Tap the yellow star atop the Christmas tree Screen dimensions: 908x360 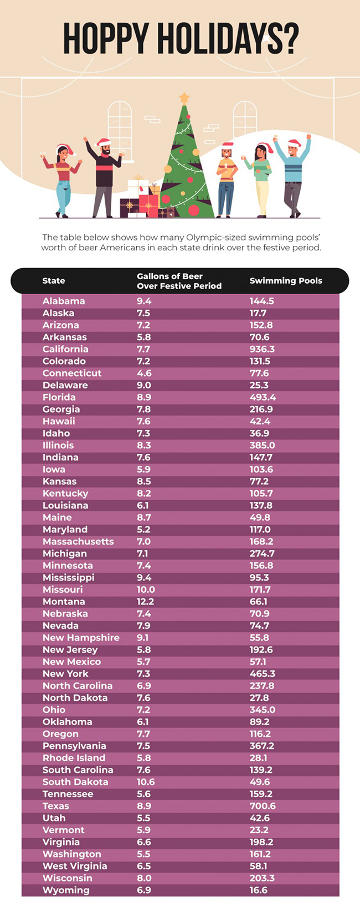(184, 99)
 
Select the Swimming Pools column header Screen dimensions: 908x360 (286, 281)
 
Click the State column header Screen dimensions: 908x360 (54, 281)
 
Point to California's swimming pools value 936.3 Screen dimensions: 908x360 (262, 349)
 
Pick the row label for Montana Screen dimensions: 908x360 (64, 602)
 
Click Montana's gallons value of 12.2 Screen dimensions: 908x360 (145, 602)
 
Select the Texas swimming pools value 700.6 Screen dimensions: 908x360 (263, 806)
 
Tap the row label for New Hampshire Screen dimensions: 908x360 (81, 638)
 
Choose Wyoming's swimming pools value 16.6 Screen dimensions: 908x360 (258, 890)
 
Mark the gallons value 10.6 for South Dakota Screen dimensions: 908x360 (146, 782)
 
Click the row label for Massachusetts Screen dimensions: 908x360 (78, 541)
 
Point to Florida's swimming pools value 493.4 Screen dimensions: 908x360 (263, 397)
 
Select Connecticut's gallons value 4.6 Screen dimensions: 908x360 (144, 373)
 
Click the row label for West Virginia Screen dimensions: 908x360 (75, 866)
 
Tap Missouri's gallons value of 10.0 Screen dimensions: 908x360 (146, 589)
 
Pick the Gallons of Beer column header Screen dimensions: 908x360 (179, 281)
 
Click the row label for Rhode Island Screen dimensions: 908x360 (74, 758)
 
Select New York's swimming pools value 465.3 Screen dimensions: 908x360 (262, 674)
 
